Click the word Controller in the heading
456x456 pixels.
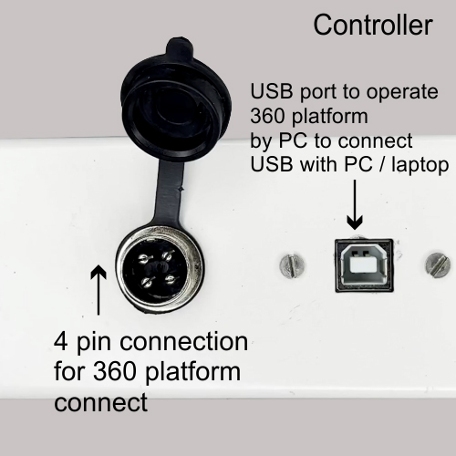click(373, 25)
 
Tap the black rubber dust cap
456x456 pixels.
click(176, 103)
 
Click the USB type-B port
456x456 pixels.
click(364, 265)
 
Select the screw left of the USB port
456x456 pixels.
click(293, 266)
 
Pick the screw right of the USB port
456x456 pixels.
click(438, 266)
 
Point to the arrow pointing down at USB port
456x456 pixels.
click(355, 204)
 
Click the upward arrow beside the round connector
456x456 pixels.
click(98, 290)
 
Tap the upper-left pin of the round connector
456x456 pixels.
click(144, 259)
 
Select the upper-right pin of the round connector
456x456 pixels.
click(168, 254)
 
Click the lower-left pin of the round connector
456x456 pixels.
click(148, 282)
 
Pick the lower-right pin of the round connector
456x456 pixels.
click(171, 278)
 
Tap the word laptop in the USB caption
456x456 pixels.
click(420, 166)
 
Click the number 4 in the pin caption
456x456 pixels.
click(60, 342)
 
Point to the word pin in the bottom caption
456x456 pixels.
click(94, 344)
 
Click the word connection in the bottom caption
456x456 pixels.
click(184, 342)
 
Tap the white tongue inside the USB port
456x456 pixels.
click(363, 264)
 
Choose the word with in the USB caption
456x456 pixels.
click(318, 164)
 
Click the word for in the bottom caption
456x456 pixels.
click(69, 371)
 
